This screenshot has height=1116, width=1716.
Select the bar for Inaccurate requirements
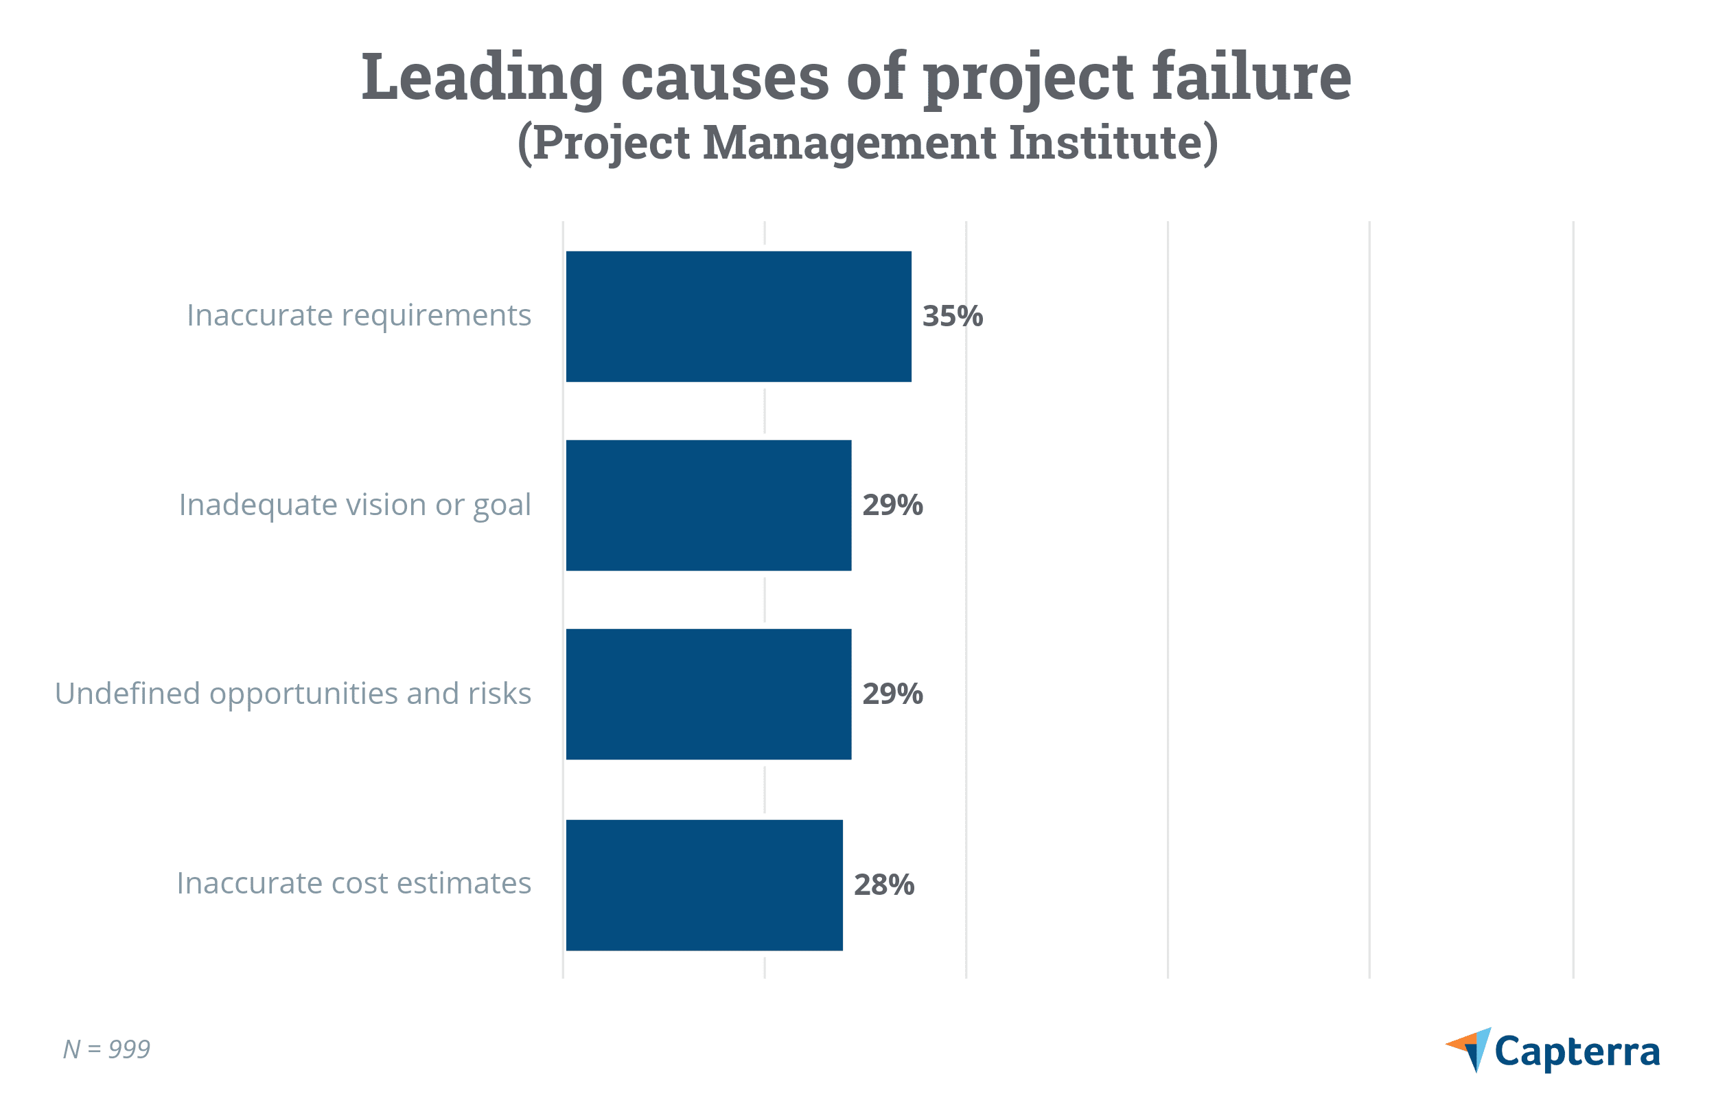[x=739, y=317]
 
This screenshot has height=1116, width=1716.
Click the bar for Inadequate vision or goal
[x=708, y=505]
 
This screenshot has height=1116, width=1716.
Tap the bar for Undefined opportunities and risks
[x=708, y=694]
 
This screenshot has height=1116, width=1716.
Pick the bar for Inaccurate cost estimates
[x=704, y=885]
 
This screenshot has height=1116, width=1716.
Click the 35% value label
[x=953, y=317]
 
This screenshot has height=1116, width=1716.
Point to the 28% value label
[x=884, y=885]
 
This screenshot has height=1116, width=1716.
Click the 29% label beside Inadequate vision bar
[x=892, y=505]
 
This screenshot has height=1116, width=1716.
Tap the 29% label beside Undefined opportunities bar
[x=892, y=694]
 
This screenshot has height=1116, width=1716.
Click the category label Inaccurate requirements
[x=358, y=316]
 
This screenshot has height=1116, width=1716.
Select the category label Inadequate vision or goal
[x=355, y=505]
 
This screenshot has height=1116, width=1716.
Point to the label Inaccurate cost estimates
[x=353, y=884]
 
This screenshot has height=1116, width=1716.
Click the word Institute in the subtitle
[x=1113, y=142]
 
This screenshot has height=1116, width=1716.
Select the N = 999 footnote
[x=106, y=1049]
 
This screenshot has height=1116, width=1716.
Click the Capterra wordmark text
[x=1577, y=1052]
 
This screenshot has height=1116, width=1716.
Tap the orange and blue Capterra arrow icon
[x=1471, y=1049]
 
